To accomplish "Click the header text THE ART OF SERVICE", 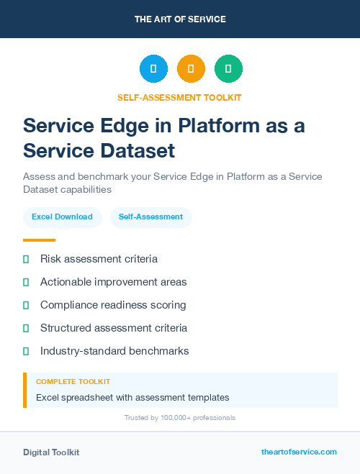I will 180,19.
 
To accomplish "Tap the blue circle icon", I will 153,69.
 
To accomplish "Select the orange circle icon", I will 191,69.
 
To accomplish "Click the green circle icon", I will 228,69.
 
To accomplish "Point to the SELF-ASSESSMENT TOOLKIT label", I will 180,97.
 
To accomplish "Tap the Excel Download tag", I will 62,217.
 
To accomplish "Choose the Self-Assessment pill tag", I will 150,217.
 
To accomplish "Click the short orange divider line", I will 39,240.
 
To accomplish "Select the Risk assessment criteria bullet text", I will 99,259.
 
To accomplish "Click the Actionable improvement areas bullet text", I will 113,282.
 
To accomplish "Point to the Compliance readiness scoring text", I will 113,305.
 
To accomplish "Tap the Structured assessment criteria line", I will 113,328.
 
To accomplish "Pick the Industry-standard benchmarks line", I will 114,351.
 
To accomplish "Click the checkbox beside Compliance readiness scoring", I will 26,305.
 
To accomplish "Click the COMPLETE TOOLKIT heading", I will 73,382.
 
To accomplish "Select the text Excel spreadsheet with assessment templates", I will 132,397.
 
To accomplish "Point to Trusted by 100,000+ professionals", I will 180,418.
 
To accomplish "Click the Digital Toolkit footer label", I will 51,452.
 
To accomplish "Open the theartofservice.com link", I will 299,452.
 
